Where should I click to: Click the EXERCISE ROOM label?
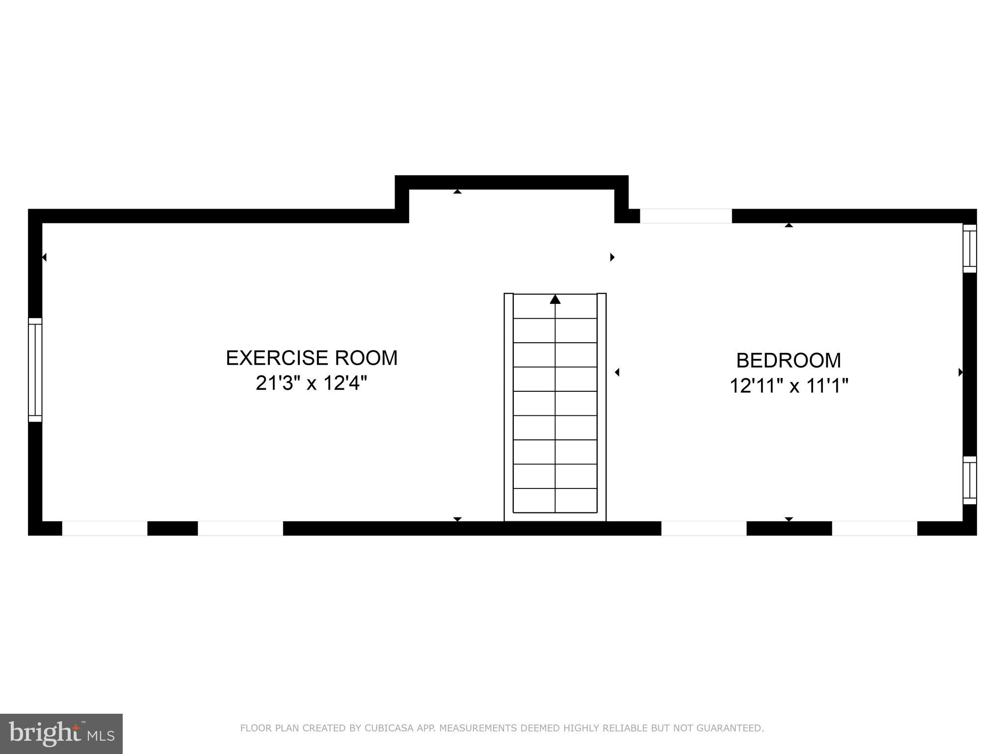(x=312, y=358)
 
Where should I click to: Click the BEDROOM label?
(x=788, y=360)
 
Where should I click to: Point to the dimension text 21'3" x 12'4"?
(x=312, y=383)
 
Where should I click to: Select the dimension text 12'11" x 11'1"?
(x=789, y=386)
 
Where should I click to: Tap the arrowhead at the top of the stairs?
(x=555, y=299)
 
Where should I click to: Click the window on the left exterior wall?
(x=35, y=370)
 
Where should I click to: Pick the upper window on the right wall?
(x=969, y=248)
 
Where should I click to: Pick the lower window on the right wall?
(x=969, y=480)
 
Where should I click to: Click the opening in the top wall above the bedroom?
(x=686, y=216)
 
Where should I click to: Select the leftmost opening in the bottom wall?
(x=105, y=528)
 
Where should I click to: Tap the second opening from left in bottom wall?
(x=240, y=528)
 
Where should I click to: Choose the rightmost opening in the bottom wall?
(x=874, y=528)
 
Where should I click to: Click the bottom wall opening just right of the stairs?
(x=704, y=528)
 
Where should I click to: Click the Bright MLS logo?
(x=61, y=733)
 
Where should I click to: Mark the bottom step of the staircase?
(x=555, y=500)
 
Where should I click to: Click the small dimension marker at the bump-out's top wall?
(x=457, y=191)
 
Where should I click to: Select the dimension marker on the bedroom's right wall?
(x=960, y=373)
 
